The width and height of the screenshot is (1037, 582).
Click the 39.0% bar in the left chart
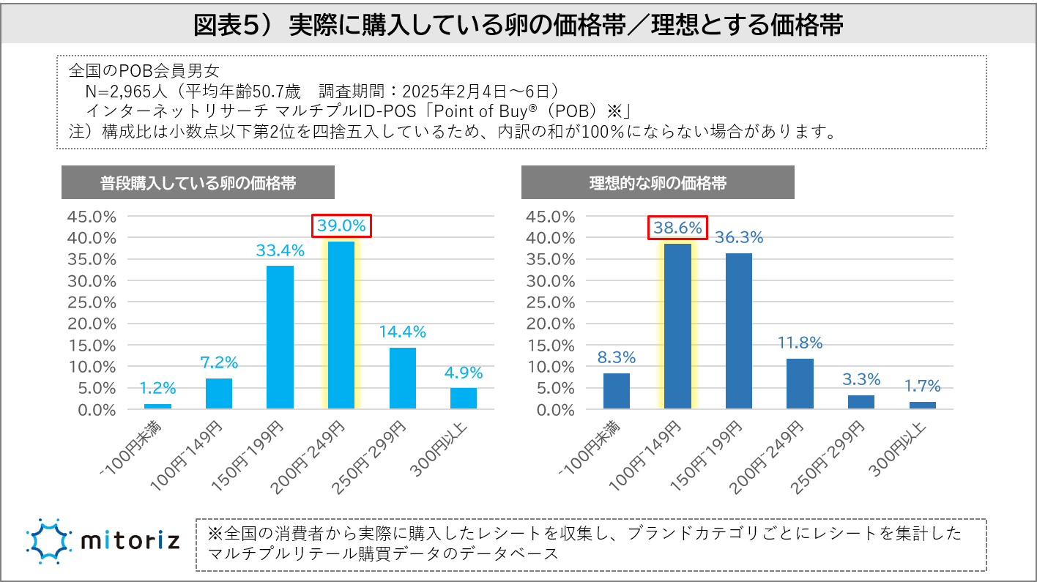click(341, 325)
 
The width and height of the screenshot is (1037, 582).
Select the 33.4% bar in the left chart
click(280, 337)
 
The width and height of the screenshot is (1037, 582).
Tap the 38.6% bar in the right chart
click(677, 326)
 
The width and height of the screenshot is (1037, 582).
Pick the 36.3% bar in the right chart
click(739, 331)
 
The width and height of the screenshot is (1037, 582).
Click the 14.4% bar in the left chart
click(402, 378)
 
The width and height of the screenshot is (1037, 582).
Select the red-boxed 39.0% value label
click(342, 226)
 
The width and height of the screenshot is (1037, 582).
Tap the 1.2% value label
click(157, 388)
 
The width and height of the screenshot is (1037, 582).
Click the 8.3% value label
click(616, 357)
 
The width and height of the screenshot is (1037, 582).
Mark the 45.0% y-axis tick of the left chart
click(91, 217)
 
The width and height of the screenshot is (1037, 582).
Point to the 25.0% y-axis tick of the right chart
click(551, 302)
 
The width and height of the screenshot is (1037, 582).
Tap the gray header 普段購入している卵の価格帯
click(198, 183)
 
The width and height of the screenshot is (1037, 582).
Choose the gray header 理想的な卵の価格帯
click(658, 183)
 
